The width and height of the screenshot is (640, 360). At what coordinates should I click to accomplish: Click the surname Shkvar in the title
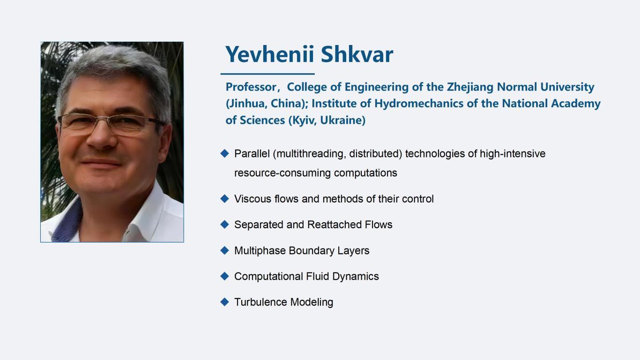coord(357,54)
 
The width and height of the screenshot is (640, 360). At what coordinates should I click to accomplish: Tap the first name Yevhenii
coord(269,54)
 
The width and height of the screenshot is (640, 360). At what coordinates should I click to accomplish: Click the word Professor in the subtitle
coord(251,87)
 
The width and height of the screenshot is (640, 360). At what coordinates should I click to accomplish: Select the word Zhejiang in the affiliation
coord(470,87)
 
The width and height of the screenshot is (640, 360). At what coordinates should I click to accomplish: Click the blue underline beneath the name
coord(268,74)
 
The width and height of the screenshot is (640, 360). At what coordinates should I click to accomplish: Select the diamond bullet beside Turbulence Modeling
coord(225,302)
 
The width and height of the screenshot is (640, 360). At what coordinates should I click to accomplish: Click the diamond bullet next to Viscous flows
coord(225,198)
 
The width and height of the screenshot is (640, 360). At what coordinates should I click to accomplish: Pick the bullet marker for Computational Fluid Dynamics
coord(225,276)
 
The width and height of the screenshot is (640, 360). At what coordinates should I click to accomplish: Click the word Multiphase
coord(260,251)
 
